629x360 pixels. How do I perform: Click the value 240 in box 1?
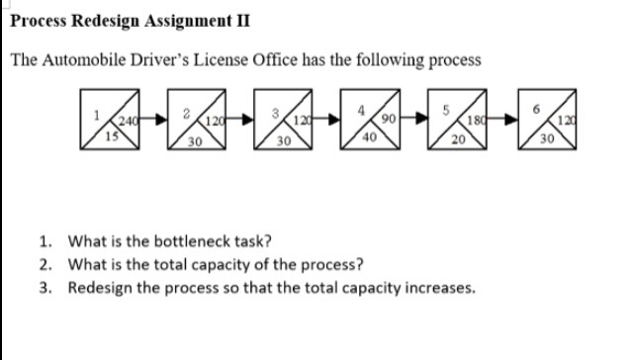pos(127,122)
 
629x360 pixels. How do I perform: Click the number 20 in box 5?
pos(459,139)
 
